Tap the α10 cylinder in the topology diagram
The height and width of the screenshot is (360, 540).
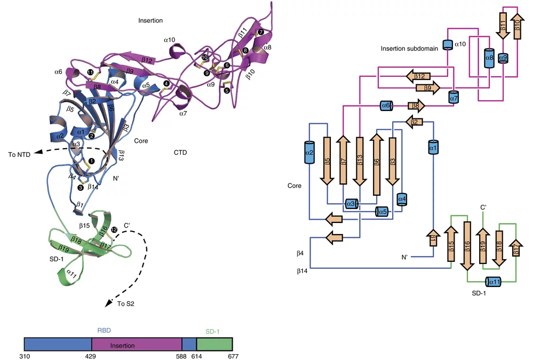coord(448,45)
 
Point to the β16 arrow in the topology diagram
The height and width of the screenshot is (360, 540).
coord(467,245)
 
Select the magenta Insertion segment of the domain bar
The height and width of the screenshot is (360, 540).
coord(138,345)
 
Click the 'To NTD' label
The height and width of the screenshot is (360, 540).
coord(20,155)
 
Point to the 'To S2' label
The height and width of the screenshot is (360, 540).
coord(126,303)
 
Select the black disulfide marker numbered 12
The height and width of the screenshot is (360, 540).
coord(114,229)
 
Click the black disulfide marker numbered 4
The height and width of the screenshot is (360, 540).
coord(166,83)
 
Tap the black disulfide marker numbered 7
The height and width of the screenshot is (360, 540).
coord(260,33)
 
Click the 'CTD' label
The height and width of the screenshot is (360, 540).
coord(180,153)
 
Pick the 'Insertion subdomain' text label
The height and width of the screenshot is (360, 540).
coord(409,49)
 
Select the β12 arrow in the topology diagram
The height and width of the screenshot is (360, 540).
coord(419,76)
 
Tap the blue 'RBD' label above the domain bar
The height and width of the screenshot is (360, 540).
coord(103,331)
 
